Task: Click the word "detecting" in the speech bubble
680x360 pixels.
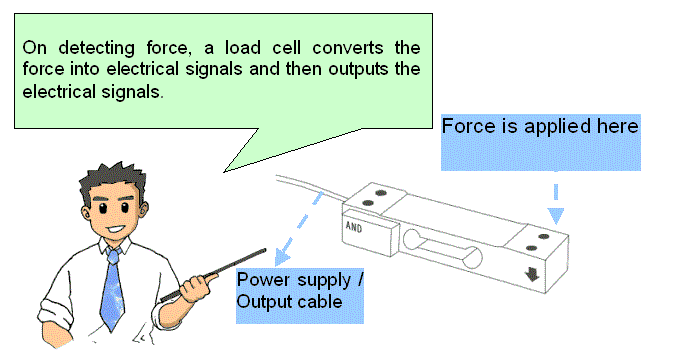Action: point(96,48)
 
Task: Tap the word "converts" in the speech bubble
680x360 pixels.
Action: point(348,47)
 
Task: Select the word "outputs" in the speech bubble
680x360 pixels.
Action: point(358,69)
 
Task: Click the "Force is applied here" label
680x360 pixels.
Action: point(540,126)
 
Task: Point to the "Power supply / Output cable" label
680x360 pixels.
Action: point(300,291)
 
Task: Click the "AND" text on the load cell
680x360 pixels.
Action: point(354,227)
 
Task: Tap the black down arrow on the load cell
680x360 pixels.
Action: point(532,274)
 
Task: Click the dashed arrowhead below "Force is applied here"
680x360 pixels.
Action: point(556,216)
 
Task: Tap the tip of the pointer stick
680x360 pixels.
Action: point(265,250)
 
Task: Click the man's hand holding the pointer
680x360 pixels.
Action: point(197,286)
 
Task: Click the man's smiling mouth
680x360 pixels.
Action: point(116,228)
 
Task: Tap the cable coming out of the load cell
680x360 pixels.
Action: point(311,187)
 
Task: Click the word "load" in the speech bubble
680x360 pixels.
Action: point(242,47)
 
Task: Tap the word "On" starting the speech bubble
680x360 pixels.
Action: point(34,47)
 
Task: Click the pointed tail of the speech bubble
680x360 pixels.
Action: point(224,172)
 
